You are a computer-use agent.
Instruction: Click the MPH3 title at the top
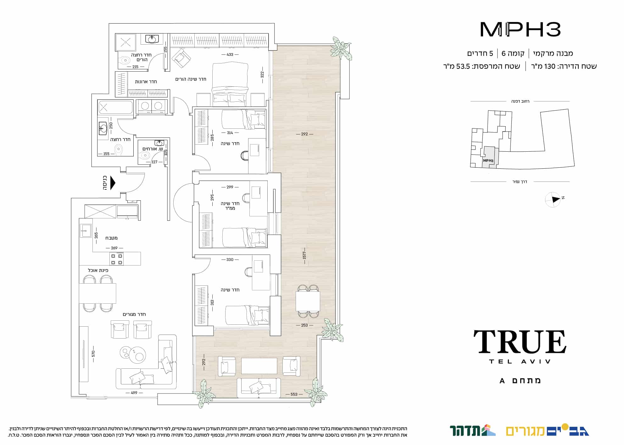521,30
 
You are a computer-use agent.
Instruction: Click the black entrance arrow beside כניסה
113,183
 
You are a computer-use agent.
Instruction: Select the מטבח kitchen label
111,238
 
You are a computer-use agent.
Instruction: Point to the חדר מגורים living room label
134,314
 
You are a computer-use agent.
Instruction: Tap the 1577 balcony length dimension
304,255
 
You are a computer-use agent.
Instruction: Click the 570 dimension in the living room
93,354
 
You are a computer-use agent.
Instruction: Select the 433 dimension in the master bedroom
230,55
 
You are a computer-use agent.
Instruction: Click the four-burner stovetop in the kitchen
116,259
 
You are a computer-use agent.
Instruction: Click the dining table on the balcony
308,301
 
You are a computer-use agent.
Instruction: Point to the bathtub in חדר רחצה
115,107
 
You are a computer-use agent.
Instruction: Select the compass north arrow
556,199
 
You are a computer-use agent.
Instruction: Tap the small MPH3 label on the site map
488,160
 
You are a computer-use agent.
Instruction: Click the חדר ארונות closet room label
146,82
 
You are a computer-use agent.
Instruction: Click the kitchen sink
86,231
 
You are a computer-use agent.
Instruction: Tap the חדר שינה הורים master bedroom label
191,79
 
